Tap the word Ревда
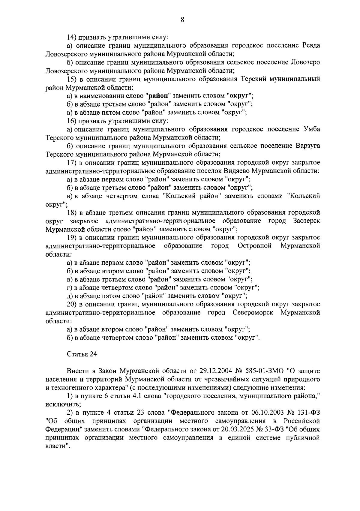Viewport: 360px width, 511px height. tap(310, 46)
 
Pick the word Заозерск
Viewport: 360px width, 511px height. tap(305, 221)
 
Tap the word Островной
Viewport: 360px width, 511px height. tap(254, 246)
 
